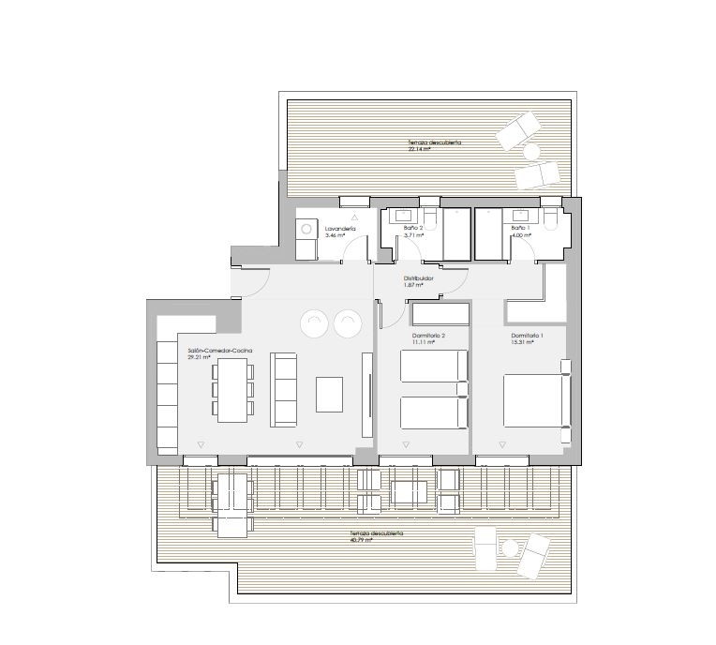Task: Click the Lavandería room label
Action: (x=338, y=229)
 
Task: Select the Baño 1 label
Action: (x=520, y=229)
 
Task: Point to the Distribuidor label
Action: (x=418, y=277)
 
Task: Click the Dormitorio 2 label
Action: (x=428, y=335)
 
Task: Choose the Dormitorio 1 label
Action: (x=527, y=335)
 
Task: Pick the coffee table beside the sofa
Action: (x=330, y=394)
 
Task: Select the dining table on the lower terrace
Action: (x=233, y=503)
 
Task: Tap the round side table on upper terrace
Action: (x=531, y=150)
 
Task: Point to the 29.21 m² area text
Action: (x=199, y=357)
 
